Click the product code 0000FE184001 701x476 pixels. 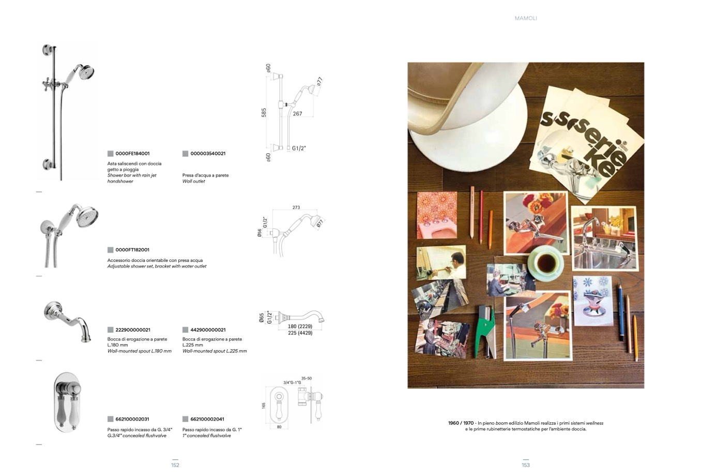coord(132,154)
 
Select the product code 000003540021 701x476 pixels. coord(208,154)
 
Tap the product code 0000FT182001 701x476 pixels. coord(132,250)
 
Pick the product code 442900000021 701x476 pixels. coord(208,330)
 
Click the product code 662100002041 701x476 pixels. coord(207,419)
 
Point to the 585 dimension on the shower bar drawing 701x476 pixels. coord(264,112)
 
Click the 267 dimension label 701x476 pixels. coord(298,114)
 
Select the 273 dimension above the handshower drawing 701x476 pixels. coord(296,207)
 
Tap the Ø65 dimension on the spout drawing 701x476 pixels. coord(261,318)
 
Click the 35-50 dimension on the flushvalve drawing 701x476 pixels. coord(307,378)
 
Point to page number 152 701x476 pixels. coord(175,465)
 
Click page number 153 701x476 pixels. coord(526,465)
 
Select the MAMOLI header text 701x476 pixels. coord(526,19)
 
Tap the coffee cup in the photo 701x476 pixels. coord(545,262)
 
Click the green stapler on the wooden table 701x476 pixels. coord(484,332)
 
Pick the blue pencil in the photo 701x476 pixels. coord(620,313)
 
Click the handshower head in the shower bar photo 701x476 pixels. coord(86,72)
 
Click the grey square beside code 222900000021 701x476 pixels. coord(110,330)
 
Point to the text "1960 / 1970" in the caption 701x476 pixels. coord(461,423)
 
